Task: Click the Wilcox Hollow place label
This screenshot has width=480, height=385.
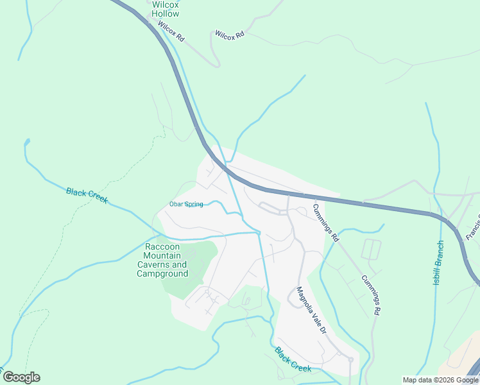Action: click(x=166, y=8)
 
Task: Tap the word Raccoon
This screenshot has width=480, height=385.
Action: click(x=162, y=247)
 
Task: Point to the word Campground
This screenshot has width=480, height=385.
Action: click(x=162, y=273)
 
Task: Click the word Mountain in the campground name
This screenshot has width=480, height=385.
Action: click(x=162, y=256)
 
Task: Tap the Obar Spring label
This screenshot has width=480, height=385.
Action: click(x=186, y=204)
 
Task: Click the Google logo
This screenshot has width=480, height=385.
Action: click(x=21, y=377)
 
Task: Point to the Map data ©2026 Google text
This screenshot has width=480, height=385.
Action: click(x=440, y=380)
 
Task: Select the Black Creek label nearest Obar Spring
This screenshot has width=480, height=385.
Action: click(x=87, y=195)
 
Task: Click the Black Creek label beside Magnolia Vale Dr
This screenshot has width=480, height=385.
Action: click(x=293, y=359)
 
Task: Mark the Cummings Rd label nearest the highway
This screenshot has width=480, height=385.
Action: click(x=325, y=222)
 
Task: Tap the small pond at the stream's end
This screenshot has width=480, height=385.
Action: click(x=27, y=141)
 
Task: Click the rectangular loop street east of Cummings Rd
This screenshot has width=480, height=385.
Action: click(x=372, y=249)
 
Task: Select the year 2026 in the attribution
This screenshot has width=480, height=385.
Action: click(x=444, y=380)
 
